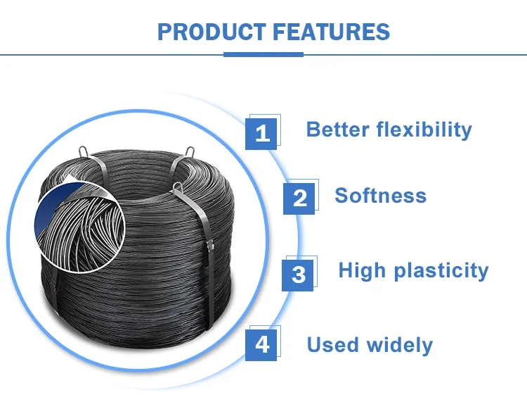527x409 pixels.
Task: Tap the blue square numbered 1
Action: [261, 132]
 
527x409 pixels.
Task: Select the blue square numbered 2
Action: [299, 198]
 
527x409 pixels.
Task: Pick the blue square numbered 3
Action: [298, 274]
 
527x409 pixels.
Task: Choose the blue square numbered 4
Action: [261, 344]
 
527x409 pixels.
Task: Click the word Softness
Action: [380, 195]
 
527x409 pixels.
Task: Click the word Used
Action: [332, 345]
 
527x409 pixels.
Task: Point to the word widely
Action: [400, 345]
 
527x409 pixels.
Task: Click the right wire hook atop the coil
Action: [189, 151]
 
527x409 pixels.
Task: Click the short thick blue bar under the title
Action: [263, 54]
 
